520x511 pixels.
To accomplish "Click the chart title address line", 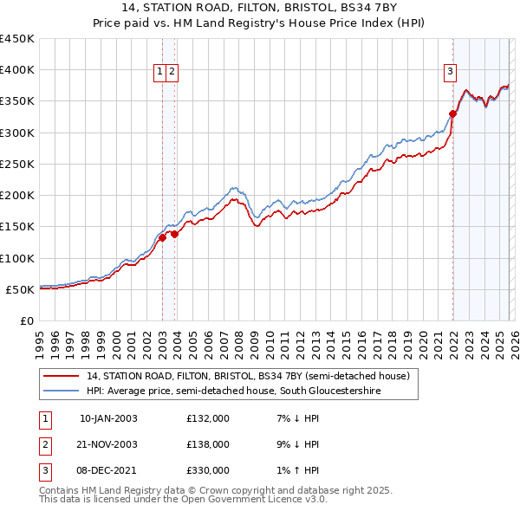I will (260, 10).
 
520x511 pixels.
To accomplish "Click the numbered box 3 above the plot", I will (451, 73).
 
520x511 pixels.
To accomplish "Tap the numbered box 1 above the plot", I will (161, 73).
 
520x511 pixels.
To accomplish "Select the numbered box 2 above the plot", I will (172, 73).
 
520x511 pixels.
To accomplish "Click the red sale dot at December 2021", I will (452, 113).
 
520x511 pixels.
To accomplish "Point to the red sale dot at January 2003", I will (162, 237).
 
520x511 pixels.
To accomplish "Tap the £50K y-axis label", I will (21, 289).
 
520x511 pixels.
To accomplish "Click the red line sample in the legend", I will (62, 376).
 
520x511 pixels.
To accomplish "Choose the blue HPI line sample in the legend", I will (62, 391).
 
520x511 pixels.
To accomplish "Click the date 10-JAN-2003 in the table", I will (108, 418).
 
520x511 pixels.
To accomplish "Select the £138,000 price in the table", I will (207, 444).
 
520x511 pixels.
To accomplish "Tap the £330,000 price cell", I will (207, 470).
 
